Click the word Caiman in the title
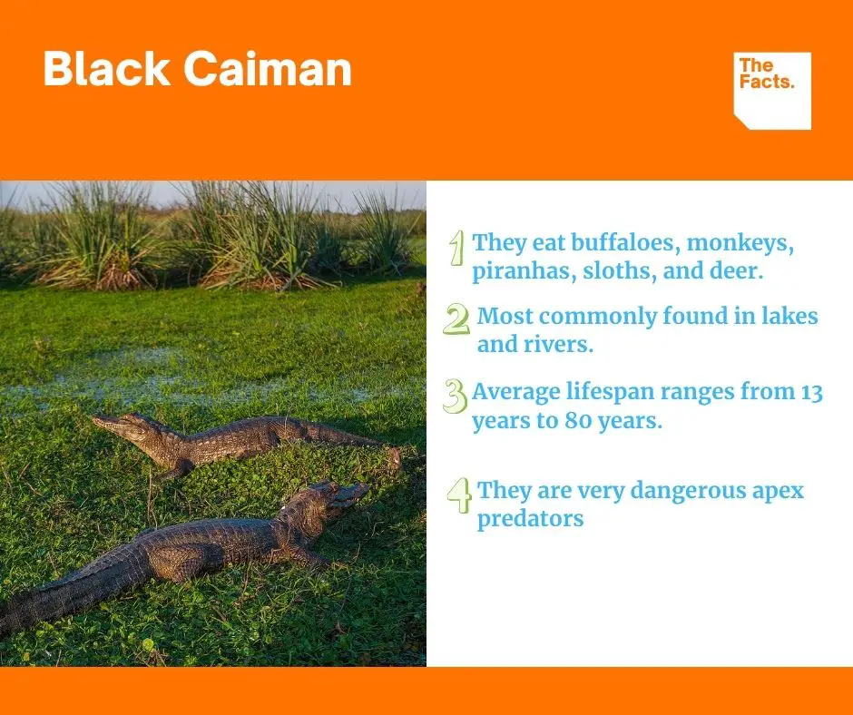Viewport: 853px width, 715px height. [268, 69]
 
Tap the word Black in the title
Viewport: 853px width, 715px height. [107, 69]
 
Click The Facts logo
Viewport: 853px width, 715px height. [772, 91]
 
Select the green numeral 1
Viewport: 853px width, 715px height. [457, 248]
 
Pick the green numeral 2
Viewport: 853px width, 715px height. [456, 318]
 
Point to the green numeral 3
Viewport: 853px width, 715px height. [455, 396]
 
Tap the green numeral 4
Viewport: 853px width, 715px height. [459, 495]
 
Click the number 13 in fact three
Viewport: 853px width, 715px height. [811, 392]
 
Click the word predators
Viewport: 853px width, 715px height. [531, 519]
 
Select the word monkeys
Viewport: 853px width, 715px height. [740, 244]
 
